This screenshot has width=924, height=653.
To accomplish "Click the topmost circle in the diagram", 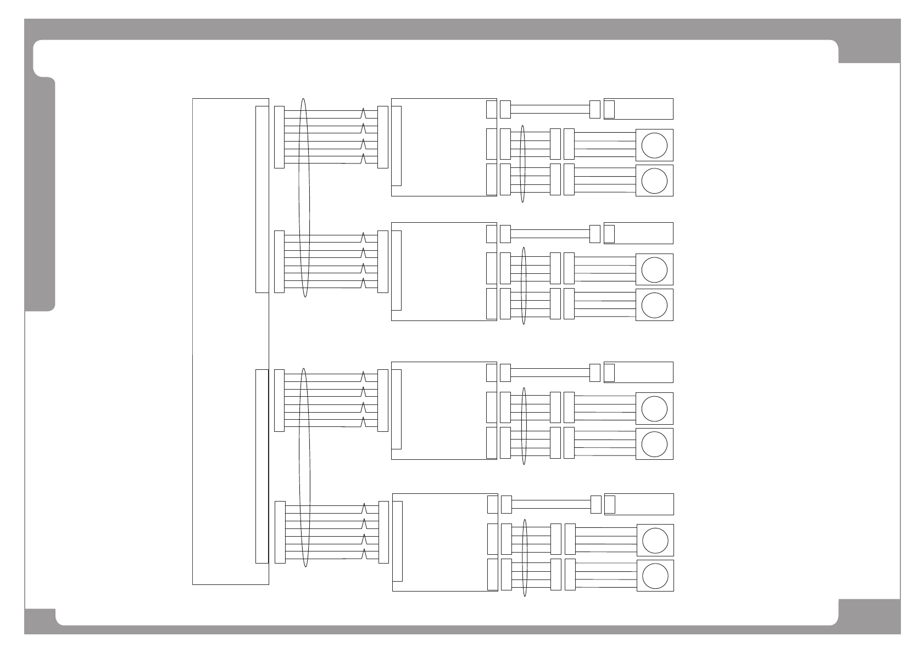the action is (654, 145).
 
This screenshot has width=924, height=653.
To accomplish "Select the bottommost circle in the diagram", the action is (655, 576).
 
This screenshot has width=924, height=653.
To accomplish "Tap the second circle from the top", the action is (654, 181).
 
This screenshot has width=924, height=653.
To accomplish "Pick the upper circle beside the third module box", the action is (654, 409).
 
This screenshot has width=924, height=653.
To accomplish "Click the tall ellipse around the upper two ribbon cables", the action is (304, 198).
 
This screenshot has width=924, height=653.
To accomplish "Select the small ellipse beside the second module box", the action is (524, 285).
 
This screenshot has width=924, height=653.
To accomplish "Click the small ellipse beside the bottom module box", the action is (525, 558).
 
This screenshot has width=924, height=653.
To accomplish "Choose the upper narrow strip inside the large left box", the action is (262, 199).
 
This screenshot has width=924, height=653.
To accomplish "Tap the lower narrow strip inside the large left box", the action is (262, 466).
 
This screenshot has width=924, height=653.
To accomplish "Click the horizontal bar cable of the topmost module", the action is (550, 109).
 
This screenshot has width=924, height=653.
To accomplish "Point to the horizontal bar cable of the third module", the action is (550, 373).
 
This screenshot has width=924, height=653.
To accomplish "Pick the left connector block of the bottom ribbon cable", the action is (280, 532).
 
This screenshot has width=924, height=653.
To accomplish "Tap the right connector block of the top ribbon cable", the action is (383, 137).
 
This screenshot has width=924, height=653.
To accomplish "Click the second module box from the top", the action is (442, 272).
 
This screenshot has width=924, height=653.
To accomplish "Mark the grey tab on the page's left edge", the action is (40, 195).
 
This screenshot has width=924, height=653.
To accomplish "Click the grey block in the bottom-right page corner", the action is (869, 616).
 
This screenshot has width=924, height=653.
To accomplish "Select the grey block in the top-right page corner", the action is (869, 41).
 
